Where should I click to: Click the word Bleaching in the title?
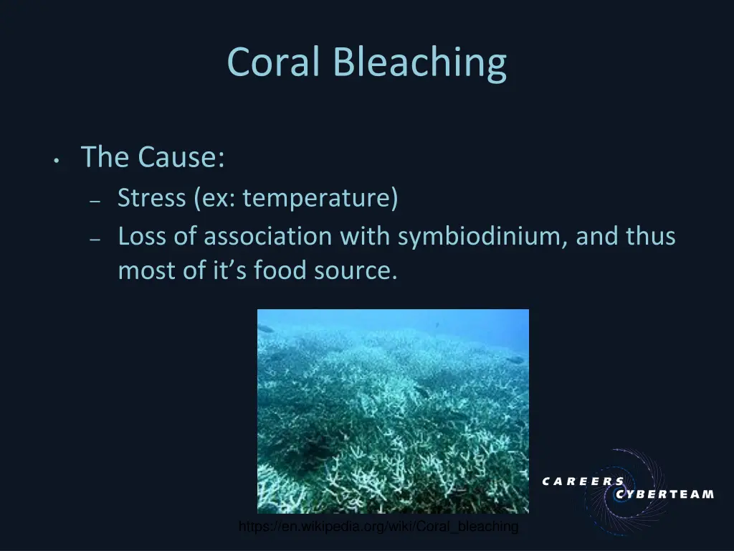(x=419, y=62)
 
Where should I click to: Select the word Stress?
(x=151, y=197)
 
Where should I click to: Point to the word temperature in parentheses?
(x=320, y=198)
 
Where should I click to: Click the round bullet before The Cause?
(x=55, y=161)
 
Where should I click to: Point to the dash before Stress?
(x=95, y=202)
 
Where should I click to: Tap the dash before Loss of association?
(x=95, y=240)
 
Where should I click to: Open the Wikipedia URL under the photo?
(x=378, y=527)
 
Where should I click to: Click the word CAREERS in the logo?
(x=583, y=481)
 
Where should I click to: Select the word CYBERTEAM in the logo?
(x=664, y=494)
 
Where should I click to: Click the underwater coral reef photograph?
(x=393, y=410)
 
